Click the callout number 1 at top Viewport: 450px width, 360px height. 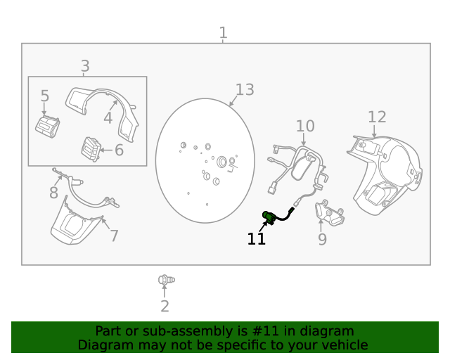pos(223,32)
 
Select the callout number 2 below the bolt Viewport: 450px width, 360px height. pos(165,306)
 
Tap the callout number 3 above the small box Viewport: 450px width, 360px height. pos(85,66)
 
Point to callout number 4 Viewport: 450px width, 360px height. pos(108,117)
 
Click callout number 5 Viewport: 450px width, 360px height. pos(45,96)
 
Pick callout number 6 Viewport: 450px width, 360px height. pos(119,150)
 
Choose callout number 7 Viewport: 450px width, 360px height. pos(113,235)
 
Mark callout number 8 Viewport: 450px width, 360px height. pos(54,192)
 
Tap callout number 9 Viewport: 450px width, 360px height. pos(322,240)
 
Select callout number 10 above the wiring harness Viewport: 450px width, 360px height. pos(304,126)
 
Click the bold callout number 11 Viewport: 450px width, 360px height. pos(257,239)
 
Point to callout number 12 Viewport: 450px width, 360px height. pos(377,117)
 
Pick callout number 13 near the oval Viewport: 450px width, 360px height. pos(244,89)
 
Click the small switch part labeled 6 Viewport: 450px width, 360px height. pos(90,148)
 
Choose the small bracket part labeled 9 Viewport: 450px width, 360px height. pos(330,213)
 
